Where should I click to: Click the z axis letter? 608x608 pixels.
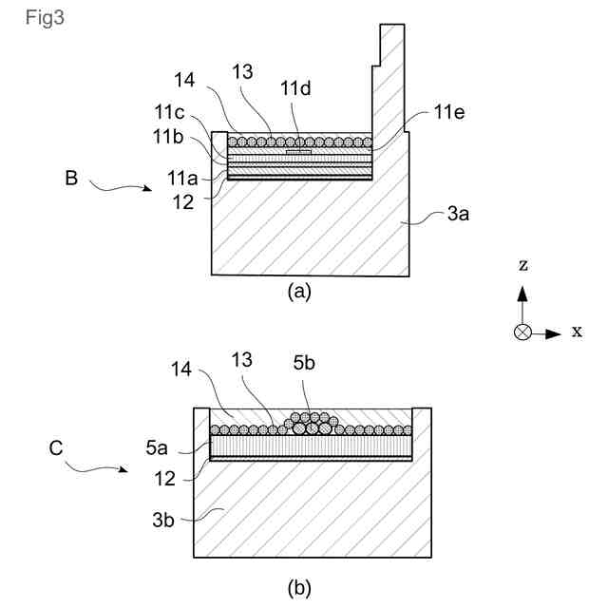(522, 266)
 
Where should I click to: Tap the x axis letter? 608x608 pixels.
(578, 332)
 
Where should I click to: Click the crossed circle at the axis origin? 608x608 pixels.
(522, 332)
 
